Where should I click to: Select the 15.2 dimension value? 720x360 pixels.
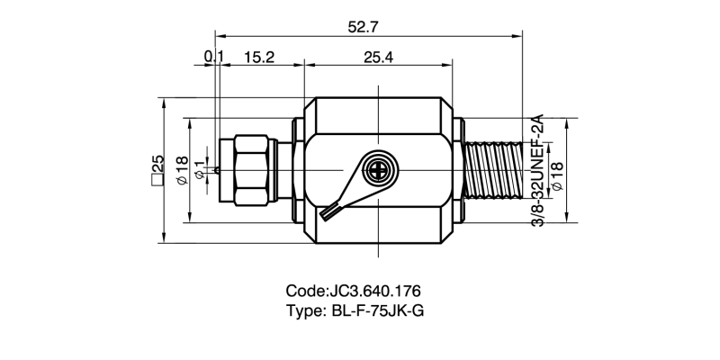[258, 57]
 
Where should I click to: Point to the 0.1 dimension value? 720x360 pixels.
[213, 57]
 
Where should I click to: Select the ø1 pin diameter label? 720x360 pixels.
[201, 168]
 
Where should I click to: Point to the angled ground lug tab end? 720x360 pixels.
[328, 214]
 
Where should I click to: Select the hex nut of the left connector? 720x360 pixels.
[250, 169]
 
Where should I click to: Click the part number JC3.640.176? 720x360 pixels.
[376, 292]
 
